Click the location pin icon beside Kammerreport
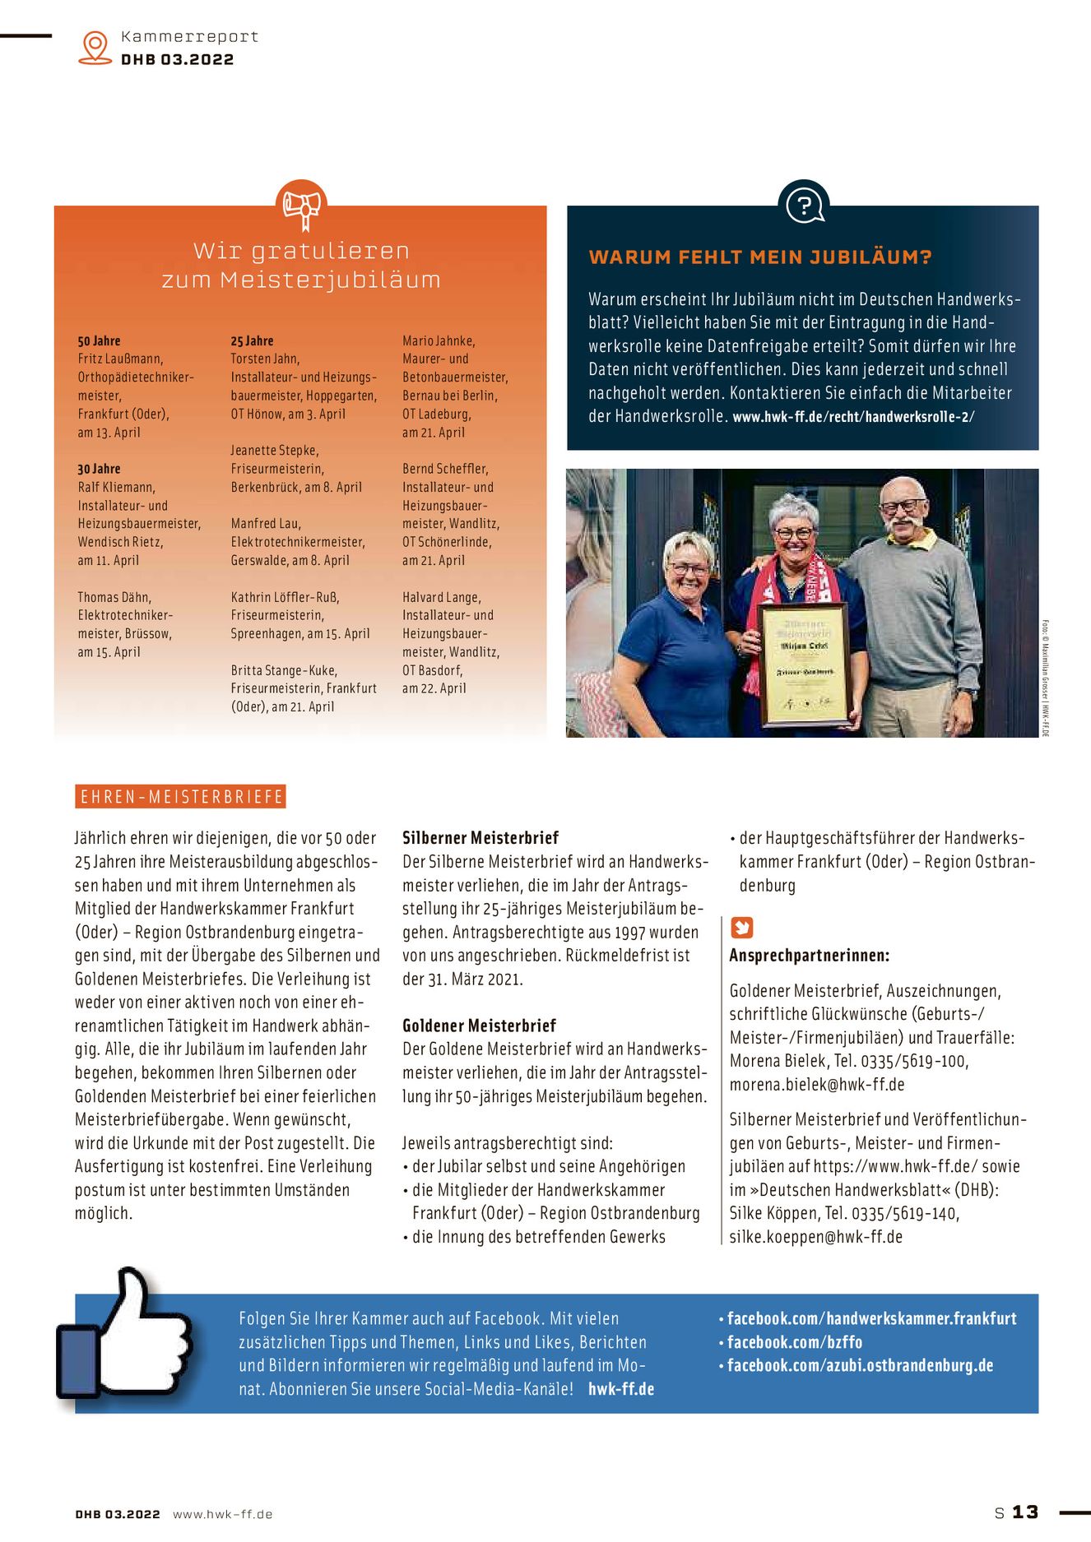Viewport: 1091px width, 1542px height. coord(95,47)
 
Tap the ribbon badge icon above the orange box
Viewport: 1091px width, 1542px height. coord(301,206)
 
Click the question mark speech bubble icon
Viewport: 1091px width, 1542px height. coord(803,204)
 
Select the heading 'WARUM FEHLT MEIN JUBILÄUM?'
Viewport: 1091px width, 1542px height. coord(759,257)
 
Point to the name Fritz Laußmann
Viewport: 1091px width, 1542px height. coord(120,359)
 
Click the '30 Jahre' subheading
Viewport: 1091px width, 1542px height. coord(99,469)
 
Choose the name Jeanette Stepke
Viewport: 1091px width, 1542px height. coord(275,451)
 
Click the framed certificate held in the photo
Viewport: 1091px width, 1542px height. coord(804,665)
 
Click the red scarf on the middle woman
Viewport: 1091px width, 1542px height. coord(761,609)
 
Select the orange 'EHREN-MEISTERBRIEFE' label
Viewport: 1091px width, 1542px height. coord(181,796)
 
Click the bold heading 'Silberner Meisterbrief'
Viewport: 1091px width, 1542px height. coord(480,838)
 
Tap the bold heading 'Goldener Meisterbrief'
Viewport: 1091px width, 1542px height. coord(479,1026)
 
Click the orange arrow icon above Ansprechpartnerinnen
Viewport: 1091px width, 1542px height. coord(741,928)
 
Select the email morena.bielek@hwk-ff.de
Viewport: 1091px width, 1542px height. coord(816,1085)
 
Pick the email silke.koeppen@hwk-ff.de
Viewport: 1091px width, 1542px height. coord(815,1237)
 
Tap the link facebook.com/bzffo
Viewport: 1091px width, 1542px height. coord(794,1342)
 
